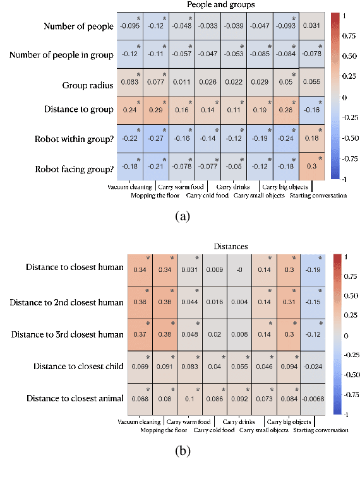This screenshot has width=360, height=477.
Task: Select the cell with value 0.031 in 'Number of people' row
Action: [311, 26]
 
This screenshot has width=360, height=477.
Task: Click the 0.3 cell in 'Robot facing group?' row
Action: [311, 167]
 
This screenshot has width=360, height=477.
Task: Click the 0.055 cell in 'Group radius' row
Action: [311, 83]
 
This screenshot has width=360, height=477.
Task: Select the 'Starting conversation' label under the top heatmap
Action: [318, 195]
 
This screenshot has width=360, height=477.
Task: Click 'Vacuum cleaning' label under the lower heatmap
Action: [138, 421]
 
